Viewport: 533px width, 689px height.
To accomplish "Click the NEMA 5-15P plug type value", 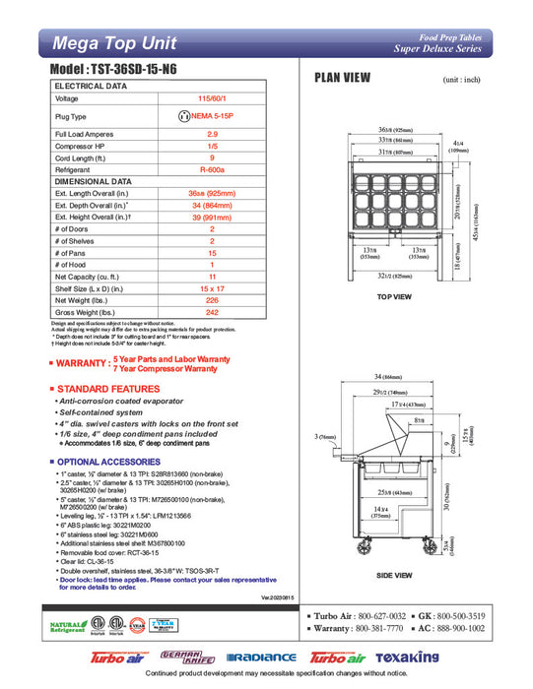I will tap(212, 116).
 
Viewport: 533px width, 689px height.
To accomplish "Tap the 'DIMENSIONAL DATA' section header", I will tap(94, 181).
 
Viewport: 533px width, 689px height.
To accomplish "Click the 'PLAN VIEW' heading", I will tap(341, 79).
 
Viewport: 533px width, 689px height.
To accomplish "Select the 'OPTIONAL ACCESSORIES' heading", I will tap(111, 462).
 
